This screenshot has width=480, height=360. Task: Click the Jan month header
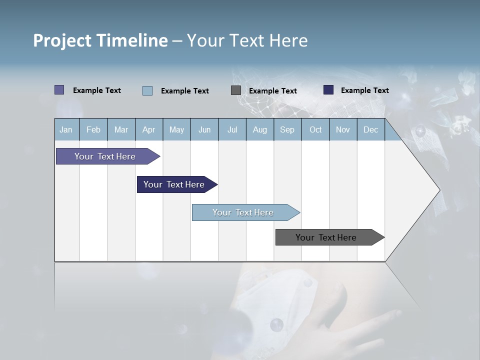tap(66, 129)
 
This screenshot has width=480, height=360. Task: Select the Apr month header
tap(148, 129)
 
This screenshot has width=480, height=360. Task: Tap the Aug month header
tap(259, 129)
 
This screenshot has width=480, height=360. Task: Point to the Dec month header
tap(370, 129)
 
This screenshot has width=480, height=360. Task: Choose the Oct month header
tap(315, 129)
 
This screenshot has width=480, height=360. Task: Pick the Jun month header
tap(204, 129)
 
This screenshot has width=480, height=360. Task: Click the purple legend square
tap(59, 90)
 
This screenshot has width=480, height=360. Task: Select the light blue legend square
tap(147, 90)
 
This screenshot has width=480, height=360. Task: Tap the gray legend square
tap(235, 90)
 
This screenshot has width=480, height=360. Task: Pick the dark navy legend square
tap(328, 90)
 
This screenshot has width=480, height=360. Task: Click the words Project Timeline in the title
tap(100, 40)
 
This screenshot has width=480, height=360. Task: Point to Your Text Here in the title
tap(247, 40)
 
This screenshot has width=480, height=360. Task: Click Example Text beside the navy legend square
tap(364, 90)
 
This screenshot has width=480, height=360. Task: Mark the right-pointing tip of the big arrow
tap(438, 190)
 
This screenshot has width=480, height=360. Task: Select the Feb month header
tap(93, 129)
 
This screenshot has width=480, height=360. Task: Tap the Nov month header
tap(342, 129)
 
